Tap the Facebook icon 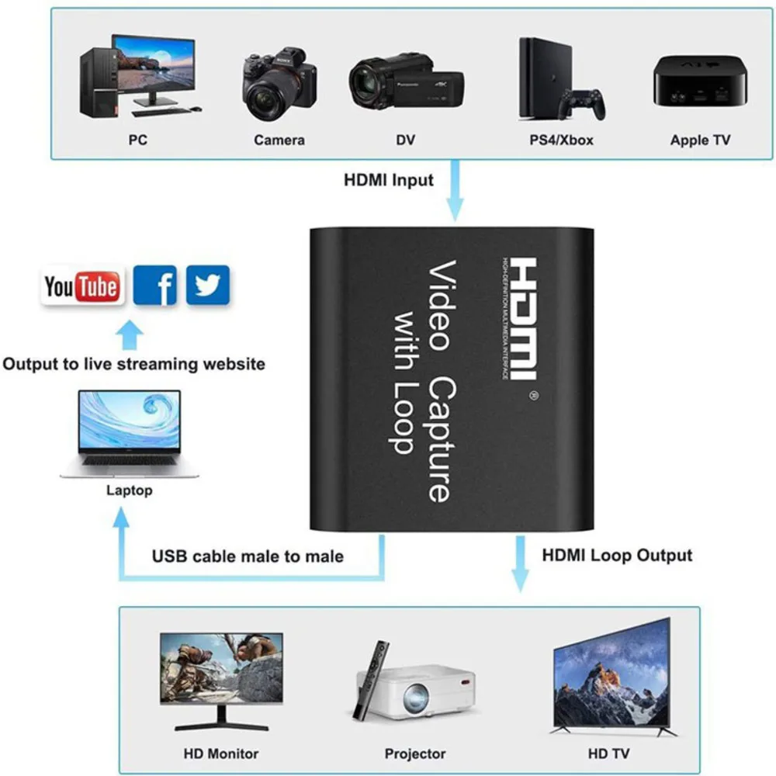pyautogui.click(x=155, y=286)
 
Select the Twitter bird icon pyautogui.click(x=207, y=285)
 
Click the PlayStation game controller pyautogui.click(x=583, y=103)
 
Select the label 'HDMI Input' pyautogui.click(x=389, y=181)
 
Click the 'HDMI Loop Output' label pyautogui.click(x=617, y=555)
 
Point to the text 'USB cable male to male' pyautogui.click(x=248, y=556)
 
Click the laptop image pyautogui.click(x=130, y=435)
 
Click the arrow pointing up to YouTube pyautogui.click(x=130, y=335)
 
